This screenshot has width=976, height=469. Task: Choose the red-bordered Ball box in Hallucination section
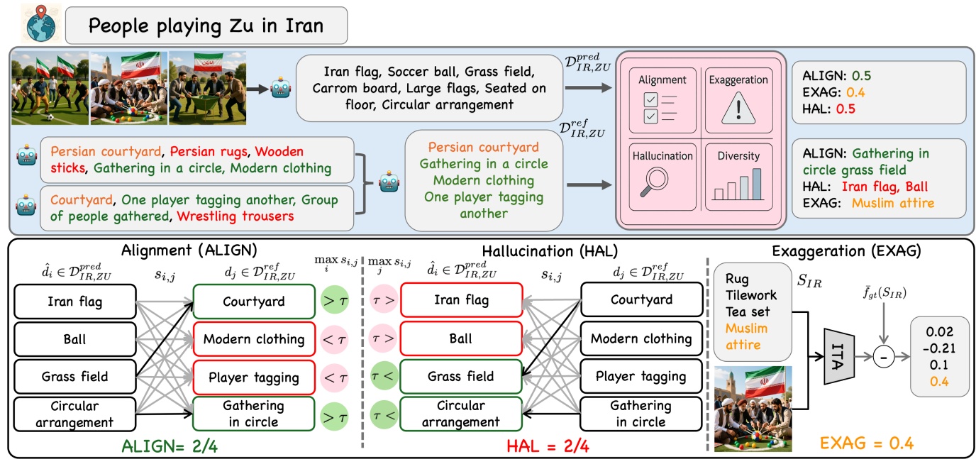460,339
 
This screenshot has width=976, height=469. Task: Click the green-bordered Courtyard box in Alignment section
253,302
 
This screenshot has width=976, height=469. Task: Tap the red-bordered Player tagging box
253,377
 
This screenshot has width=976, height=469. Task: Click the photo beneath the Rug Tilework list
753,409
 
